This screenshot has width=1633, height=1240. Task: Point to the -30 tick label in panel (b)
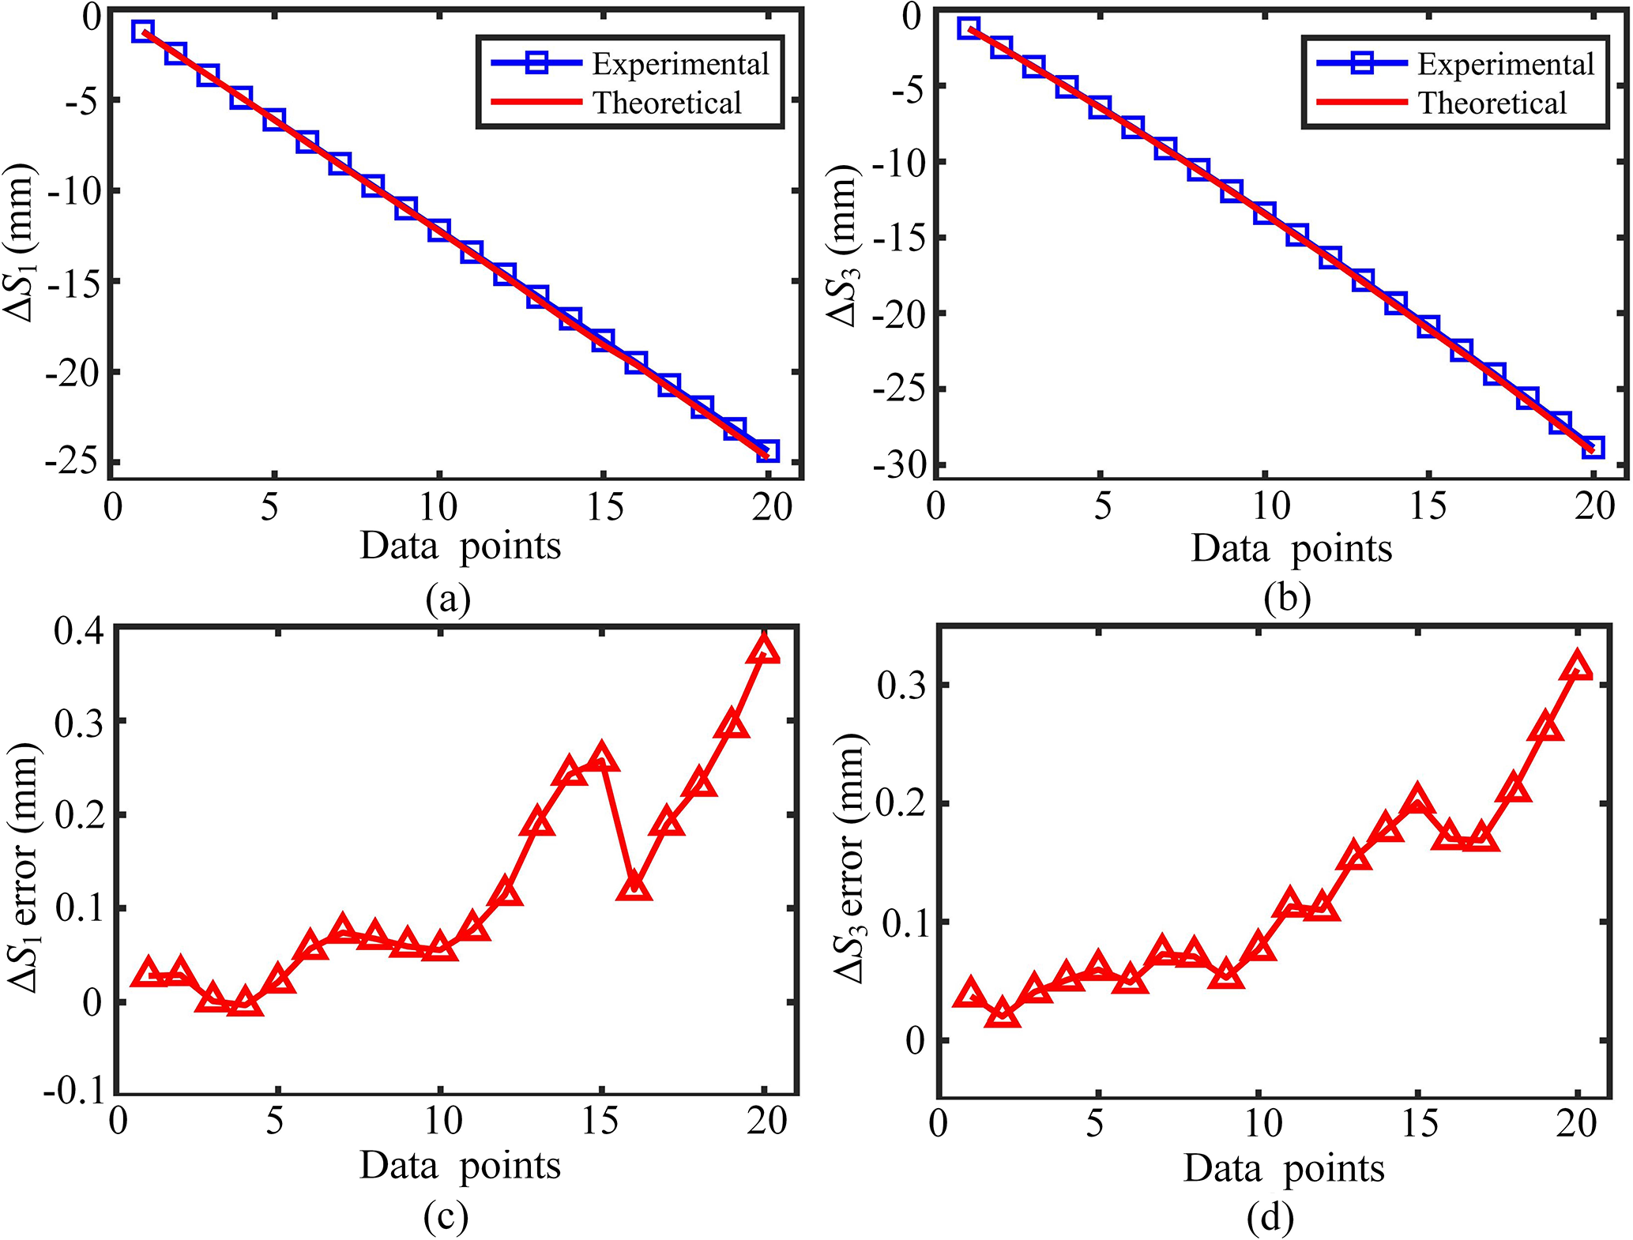(x=897, y=466)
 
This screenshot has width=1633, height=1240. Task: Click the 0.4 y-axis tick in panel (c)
(x=78, y=631)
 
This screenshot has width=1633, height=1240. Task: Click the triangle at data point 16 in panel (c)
(x=635, y=889)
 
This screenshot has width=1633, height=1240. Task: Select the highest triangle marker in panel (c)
(x=764, y=650)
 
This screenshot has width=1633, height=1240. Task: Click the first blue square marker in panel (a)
(x=143, y=32)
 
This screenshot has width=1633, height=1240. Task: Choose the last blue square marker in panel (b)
(x=1593, y=448)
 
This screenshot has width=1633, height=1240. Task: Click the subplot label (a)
(x=448, y=600)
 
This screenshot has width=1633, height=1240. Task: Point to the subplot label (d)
(x=1270, y=1218)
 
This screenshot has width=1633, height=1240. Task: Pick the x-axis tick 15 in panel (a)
(x=604, y=506)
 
